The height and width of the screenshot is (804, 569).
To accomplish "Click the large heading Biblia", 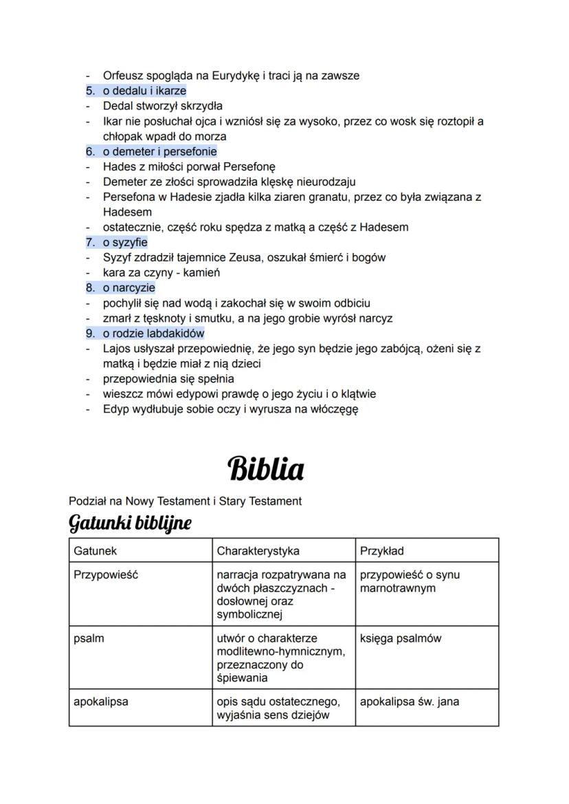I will (x=265, y=469).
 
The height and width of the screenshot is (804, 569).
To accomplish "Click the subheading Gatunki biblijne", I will (x=130, y=523).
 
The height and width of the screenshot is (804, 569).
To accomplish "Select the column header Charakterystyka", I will (x=258, y=551).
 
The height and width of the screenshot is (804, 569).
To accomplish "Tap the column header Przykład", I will (x=381, y=551).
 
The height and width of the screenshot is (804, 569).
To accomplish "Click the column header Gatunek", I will (x=96, y=551).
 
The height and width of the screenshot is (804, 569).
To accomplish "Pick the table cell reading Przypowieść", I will (x=106, y=575).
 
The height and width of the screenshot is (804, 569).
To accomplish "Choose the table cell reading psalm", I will (x=89, y=638).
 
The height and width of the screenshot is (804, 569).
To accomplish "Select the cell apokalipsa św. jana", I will (x=410, y=702).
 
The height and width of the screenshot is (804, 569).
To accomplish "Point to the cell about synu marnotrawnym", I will (x=410, y=581).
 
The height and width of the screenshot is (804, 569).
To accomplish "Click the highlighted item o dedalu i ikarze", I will (x=144, y=91).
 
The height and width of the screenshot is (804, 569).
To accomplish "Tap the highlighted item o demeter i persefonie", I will (x=159, y=151).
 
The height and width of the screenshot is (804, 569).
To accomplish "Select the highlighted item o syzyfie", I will (x=125, y=242).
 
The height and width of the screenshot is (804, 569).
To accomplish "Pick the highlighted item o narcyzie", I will (x=129, y=287).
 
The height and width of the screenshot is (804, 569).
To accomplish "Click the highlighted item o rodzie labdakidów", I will (x=154, y=333).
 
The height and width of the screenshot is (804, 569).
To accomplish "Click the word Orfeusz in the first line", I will (x=124, y=76).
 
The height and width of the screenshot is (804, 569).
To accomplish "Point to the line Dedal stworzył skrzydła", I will (x=162, y=106).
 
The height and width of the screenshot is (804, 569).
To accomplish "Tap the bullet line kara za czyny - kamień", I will (x=161, y=272).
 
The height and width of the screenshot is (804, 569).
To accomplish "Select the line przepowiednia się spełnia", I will (x=168, y=378).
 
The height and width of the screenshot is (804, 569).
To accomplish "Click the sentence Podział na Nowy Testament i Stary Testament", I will (x=185, y=501).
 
